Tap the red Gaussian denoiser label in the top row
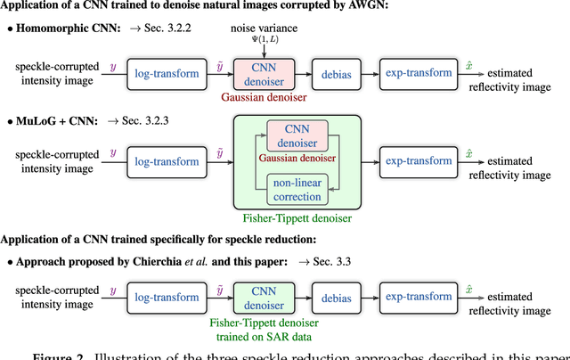(x=259, y=98)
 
